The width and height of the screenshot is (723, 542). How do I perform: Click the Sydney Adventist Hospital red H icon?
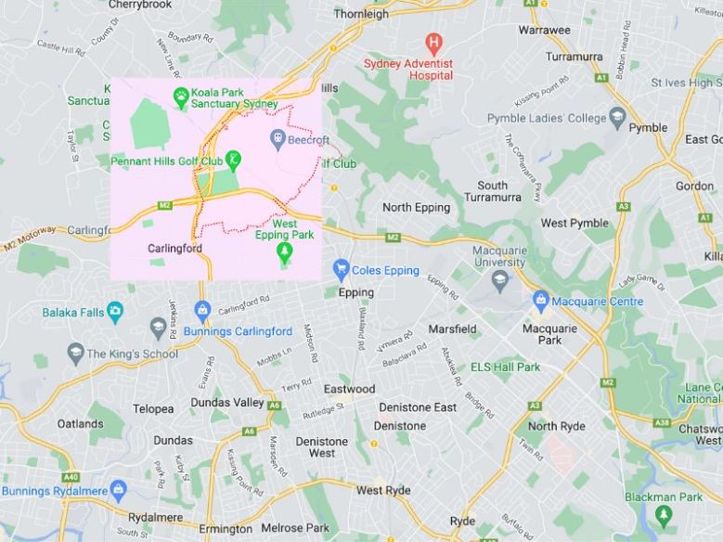pyautogui.click(x=433, y=42)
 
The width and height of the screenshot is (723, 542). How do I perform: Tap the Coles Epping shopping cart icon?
pyautogui.click(x=341, y=270)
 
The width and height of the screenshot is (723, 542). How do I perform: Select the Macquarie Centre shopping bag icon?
pyautogui.click(x=541, y=301)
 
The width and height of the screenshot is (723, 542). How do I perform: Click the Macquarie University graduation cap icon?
pyautogui.click(x=499, y=279)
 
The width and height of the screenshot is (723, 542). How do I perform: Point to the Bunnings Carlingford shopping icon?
pyautogui.click(x=202, y=309)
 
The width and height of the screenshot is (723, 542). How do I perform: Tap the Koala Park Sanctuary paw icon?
pyautogui.click(x=180, y=94)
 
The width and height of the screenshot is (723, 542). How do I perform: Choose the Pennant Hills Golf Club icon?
pyautogui.click(x=233, y=160)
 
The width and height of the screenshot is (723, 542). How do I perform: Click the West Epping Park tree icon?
pyautogui.click(x=286, y=252)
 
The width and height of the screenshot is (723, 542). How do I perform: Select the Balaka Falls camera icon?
pyautogui.click(x=114, y=312)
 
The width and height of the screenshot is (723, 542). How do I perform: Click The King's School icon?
pyautogui.click(x=76, y=353)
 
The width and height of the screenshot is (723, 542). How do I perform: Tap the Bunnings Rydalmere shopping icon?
pyautogui.click(x=118, y=489)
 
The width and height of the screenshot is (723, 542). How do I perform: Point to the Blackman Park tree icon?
pyautogui.click(x=663, y=515)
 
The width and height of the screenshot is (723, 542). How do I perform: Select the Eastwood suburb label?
pyautogui.click(x=349, y=389)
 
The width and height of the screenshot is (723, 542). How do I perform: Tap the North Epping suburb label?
pyautogui.click(x=416, y=207)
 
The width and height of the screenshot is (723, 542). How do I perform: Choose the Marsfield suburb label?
pyautogui.click(x=452, y=329)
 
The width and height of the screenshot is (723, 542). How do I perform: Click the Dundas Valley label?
pyautogui.click(x=227, y=403)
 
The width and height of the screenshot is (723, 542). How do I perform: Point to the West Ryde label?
pyautogui.click(x=383, y=490)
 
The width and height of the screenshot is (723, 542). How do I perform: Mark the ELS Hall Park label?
pyautogui.click(x=505, y=368)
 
